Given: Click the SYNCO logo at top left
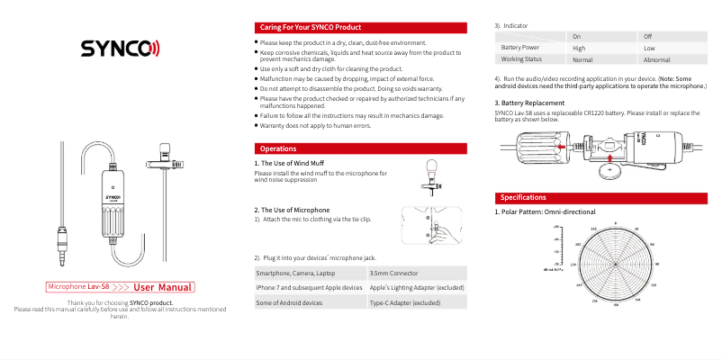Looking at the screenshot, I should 120,48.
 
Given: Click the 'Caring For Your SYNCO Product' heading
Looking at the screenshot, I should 311,28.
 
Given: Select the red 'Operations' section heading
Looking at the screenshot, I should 279,148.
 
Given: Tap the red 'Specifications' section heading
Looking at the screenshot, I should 523,197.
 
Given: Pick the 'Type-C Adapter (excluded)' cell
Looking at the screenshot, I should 405,303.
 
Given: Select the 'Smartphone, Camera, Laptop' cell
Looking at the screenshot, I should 296,272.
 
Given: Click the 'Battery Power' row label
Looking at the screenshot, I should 520,47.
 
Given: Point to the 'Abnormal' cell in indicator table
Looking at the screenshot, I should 656,59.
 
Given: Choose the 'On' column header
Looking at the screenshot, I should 577,35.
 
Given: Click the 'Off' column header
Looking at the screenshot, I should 648,35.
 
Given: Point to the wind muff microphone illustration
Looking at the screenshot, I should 432,175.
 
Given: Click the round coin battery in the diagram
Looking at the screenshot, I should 612,168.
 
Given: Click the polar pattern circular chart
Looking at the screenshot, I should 615,265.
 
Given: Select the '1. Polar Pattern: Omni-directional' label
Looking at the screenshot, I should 545,211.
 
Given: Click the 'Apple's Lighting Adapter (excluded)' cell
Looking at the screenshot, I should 417,287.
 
